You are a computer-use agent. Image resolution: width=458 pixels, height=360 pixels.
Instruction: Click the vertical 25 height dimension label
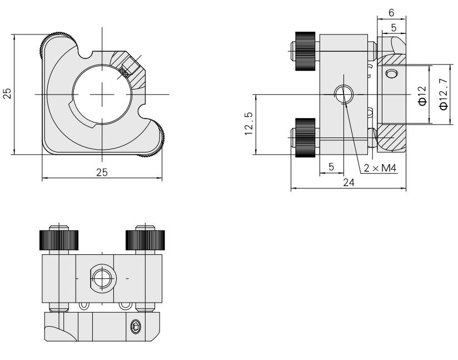[7, 93]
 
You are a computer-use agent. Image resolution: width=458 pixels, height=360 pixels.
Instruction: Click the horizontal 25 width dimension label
[102, 172]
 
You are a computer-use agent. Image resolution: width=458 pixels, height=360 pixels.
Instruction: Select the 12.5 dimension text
[249, 124]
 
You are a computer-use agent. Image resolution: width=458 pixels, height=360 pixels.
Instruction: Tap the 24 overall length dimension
[349, 183]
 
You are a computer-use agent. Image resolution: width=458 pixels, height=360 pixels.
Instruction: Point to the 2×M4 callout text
[380, 168]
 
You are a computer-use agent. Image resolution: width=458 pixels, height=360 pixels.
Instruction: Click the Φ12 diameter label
[422, 96]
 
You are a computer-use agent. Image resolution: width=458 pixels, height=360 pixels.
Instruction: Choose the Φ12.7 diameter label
[444, 94]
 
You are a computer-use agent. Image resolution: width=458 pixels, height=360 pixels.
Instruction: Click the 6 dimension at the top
[391, 13]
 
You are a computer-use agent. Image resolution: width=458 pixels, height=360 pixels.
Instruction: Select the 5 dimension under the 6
[394, 28]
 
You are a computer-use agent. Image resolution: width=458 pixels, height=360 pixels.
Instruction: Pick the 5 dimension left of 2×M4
[331, 167]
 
